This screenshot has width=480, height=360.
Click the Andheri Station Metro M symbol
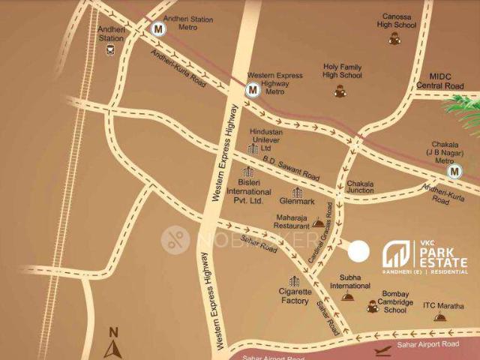[157, 29]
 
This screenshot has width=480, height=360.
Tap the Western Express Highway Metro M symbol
[253, 90]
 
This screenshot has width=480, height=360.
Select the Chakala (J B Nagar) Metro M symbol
[454, 172]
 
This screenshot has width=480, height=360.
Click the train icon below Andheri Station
[110, 51]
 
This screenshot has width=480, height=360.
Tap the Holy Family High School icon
[340, 91]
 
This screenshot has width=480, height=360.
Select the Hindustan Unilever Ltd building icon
[253, 150]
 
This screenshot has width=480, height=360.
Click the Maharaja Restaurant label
[291, 222]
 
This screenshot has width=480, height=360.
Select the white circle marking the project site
[359, 250]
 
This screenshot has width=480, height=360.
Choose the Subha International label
[355, 280]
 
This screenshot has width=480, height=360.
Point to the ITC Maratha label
[443, 305]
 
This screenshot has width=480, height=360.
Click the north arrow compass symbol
[114, 348]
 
